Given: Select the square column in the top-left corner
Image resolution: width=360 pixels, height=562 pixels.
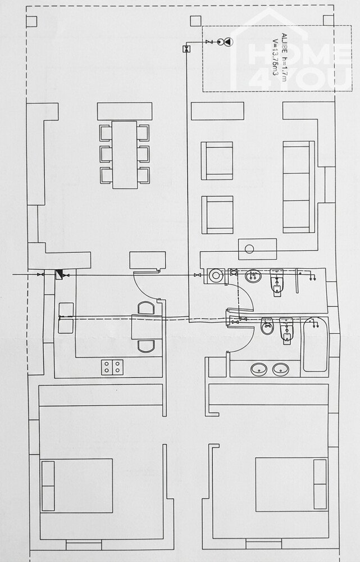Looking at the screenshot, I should pos(31,21).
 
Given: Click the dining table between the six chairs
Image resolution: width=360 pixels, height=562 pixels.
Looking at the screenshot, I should pos(124,155).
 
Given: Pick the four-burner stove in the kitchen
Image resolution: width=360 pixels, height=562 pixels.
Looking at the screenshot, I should pos(113,367).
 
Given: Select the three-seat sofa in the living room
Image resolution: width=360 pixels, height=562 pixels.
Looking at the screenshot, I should pos(297,187).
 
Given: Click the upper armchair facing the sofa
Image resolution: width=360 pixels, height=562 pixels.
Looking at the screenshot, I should pos(217,160).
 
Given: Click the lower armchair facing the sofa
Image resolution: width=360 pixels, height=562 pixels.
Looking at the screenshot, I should pos(217,214).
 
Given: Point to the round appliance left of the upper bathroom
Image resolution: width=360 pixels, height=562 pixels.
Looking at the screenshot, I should pos(215,275).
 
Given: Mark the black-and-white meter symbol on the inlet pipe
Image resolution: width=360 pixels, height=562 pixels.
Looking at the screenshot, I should pos(59,274).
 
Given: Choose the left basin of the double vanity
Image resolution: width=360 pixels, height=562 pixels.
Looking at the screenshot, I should pos(259,369).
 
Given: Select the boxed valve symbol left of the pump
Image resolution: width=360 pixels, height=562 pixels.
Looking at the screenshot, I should pos(187,49).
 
